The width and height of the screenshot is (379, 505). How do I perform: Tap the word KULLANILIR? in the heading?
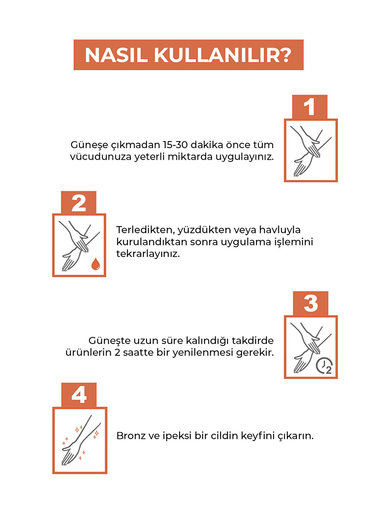[x=223, y=55]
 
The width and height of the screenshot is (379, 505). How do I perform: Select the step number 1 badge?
[x=309, y=107]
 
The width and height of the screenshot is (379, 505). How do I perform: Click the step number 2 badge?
[x=78, y=203]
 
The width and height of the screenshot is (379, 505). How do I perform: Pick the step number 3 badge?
[x=310, y=303]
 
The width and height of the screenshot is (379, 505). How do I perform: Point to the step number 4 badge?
[x=79, y=395]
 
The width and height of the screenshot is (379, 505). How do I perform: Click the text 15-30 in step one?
[x=175, y=145]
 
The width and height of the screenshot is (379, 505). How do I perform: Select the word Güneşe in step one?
[x=89, y=145]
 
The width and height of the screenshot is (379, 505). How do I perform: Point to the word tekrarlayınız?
[x=148, y=254]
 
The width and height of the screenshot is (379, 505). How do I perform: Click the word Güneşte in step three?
[x=109, y=341]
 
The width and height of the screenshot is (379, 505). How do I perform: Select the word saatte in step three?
[x=138, y=352]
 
